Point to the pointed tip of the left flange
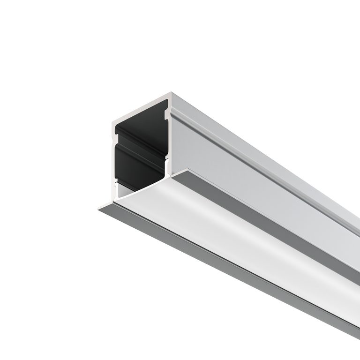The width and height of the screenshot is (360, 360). pos(98,206)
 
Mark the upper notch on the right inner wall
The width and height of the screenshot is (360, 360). pos(167,112)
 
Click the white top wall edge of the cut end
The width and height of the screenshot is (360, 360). pos(141,106)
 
